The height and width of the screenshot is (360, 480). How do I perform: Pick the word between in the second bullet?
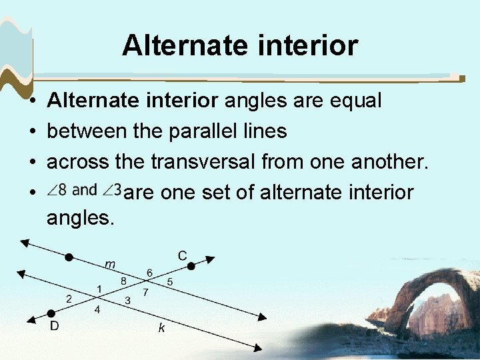(x=87, y=131)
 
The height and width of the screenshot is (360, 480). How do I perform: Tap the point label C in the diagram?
(x=182, y=255)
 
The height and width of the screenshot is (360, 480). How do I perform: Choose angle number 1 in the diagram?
(x=99, y=289)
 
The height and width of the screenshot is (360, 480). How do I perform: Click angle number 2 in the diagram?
(x=69, y=298)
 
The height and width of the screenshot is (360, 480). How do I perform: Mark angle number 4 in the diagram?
(x=97, y=310)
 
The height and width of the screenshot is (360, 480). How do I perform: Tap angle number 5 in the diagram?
(x=170, y=282)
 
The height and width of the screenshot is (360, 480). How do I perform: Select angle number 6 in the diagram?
(x=150, y=272)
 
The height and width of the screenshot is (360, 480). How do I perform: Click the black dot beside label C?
(x=191, y=266)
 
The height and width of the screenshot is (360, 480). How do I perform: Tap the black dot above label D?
(x=51, y=313)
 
